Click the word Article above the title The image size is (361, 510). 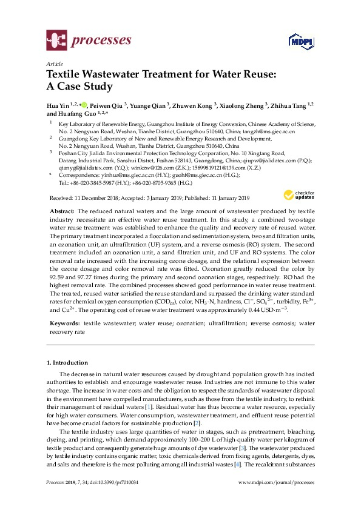click(53, 64)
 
